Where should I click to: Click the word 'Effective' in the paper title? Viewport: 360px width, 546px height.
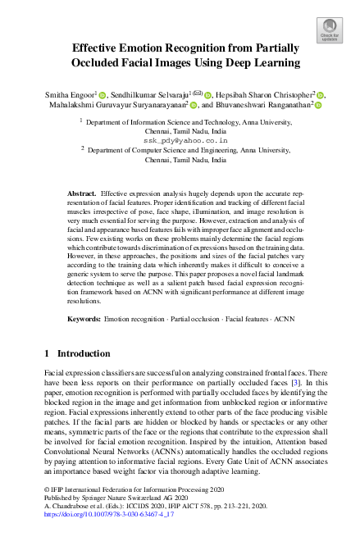click(x=98, y=48)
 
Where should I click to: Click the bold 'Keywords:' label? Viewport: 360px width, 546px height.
click(x=84, y=316)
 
